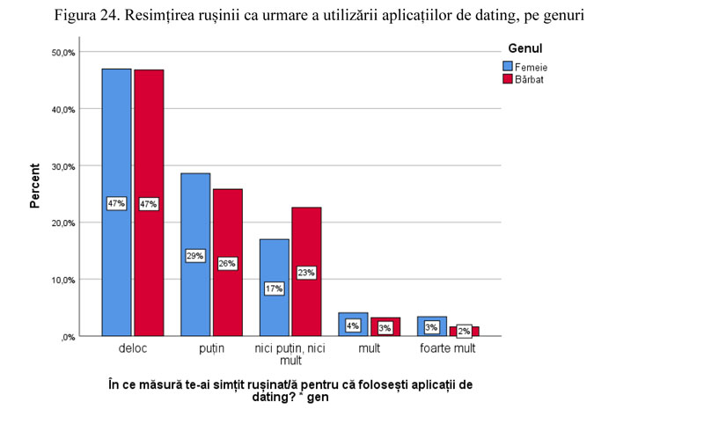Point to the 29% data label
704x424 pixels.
point(195,256)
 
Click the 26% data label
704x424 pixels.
point(227,263)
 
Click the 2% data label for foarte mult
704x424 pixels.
point(463,331)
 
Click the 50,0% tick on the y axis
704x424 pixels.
point(64,53)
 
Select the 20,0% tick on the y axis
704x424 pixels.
point(64,223)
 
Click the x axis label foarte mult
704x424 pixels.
point(447,349)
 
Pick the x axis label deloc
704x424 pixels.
point(132,349)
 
